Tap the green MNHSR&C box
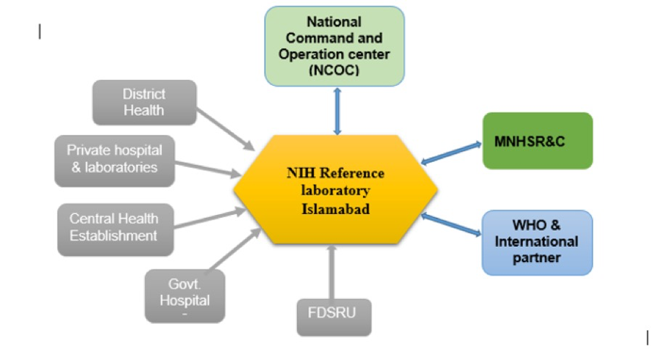coord(537,141)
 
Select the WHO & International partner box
coord(537,242)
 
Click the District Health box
coord(144,103)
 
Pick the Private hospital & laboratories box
coord(114,159)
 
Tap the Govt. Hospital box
coord(185,295)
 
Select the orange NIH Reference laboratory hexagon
coord(336,190)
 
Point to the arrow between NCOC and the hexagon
coord(336,111)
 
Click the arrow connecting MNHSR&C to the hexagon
coord(451,152)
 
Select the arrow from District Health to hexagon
coord(226,127)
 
